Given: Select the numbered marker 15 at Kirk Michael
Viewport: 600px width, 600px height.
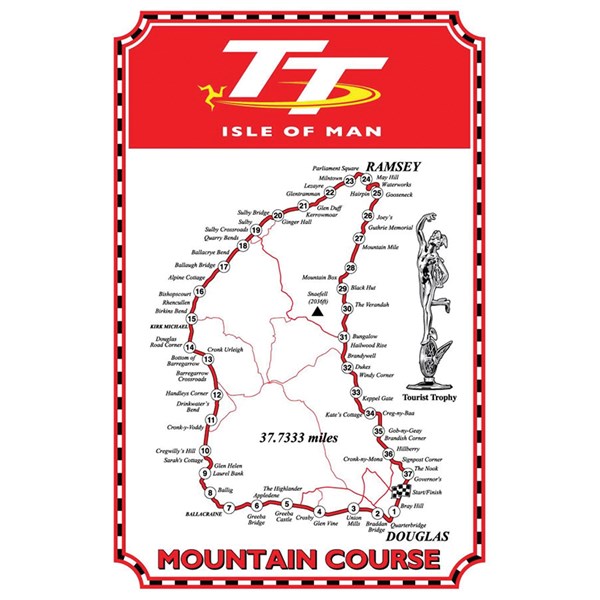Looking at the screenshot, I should tap(191, 319).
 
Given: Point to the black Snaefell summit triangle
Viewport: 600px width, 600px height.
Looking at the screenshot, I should tap(316, 312).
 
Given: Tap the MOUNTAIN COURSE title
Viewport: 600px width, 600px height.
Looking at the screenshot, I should tap(299, 557).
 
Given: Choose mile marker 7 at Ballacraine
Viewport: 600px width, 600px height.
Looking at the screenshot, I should tap(228, 508).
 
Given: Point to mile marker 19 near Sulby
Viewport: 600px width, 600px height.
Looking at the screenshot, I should tap(256, 231).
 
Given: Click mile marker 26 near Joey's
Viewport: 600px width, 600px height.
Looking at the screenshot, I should tap(367, 216).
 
